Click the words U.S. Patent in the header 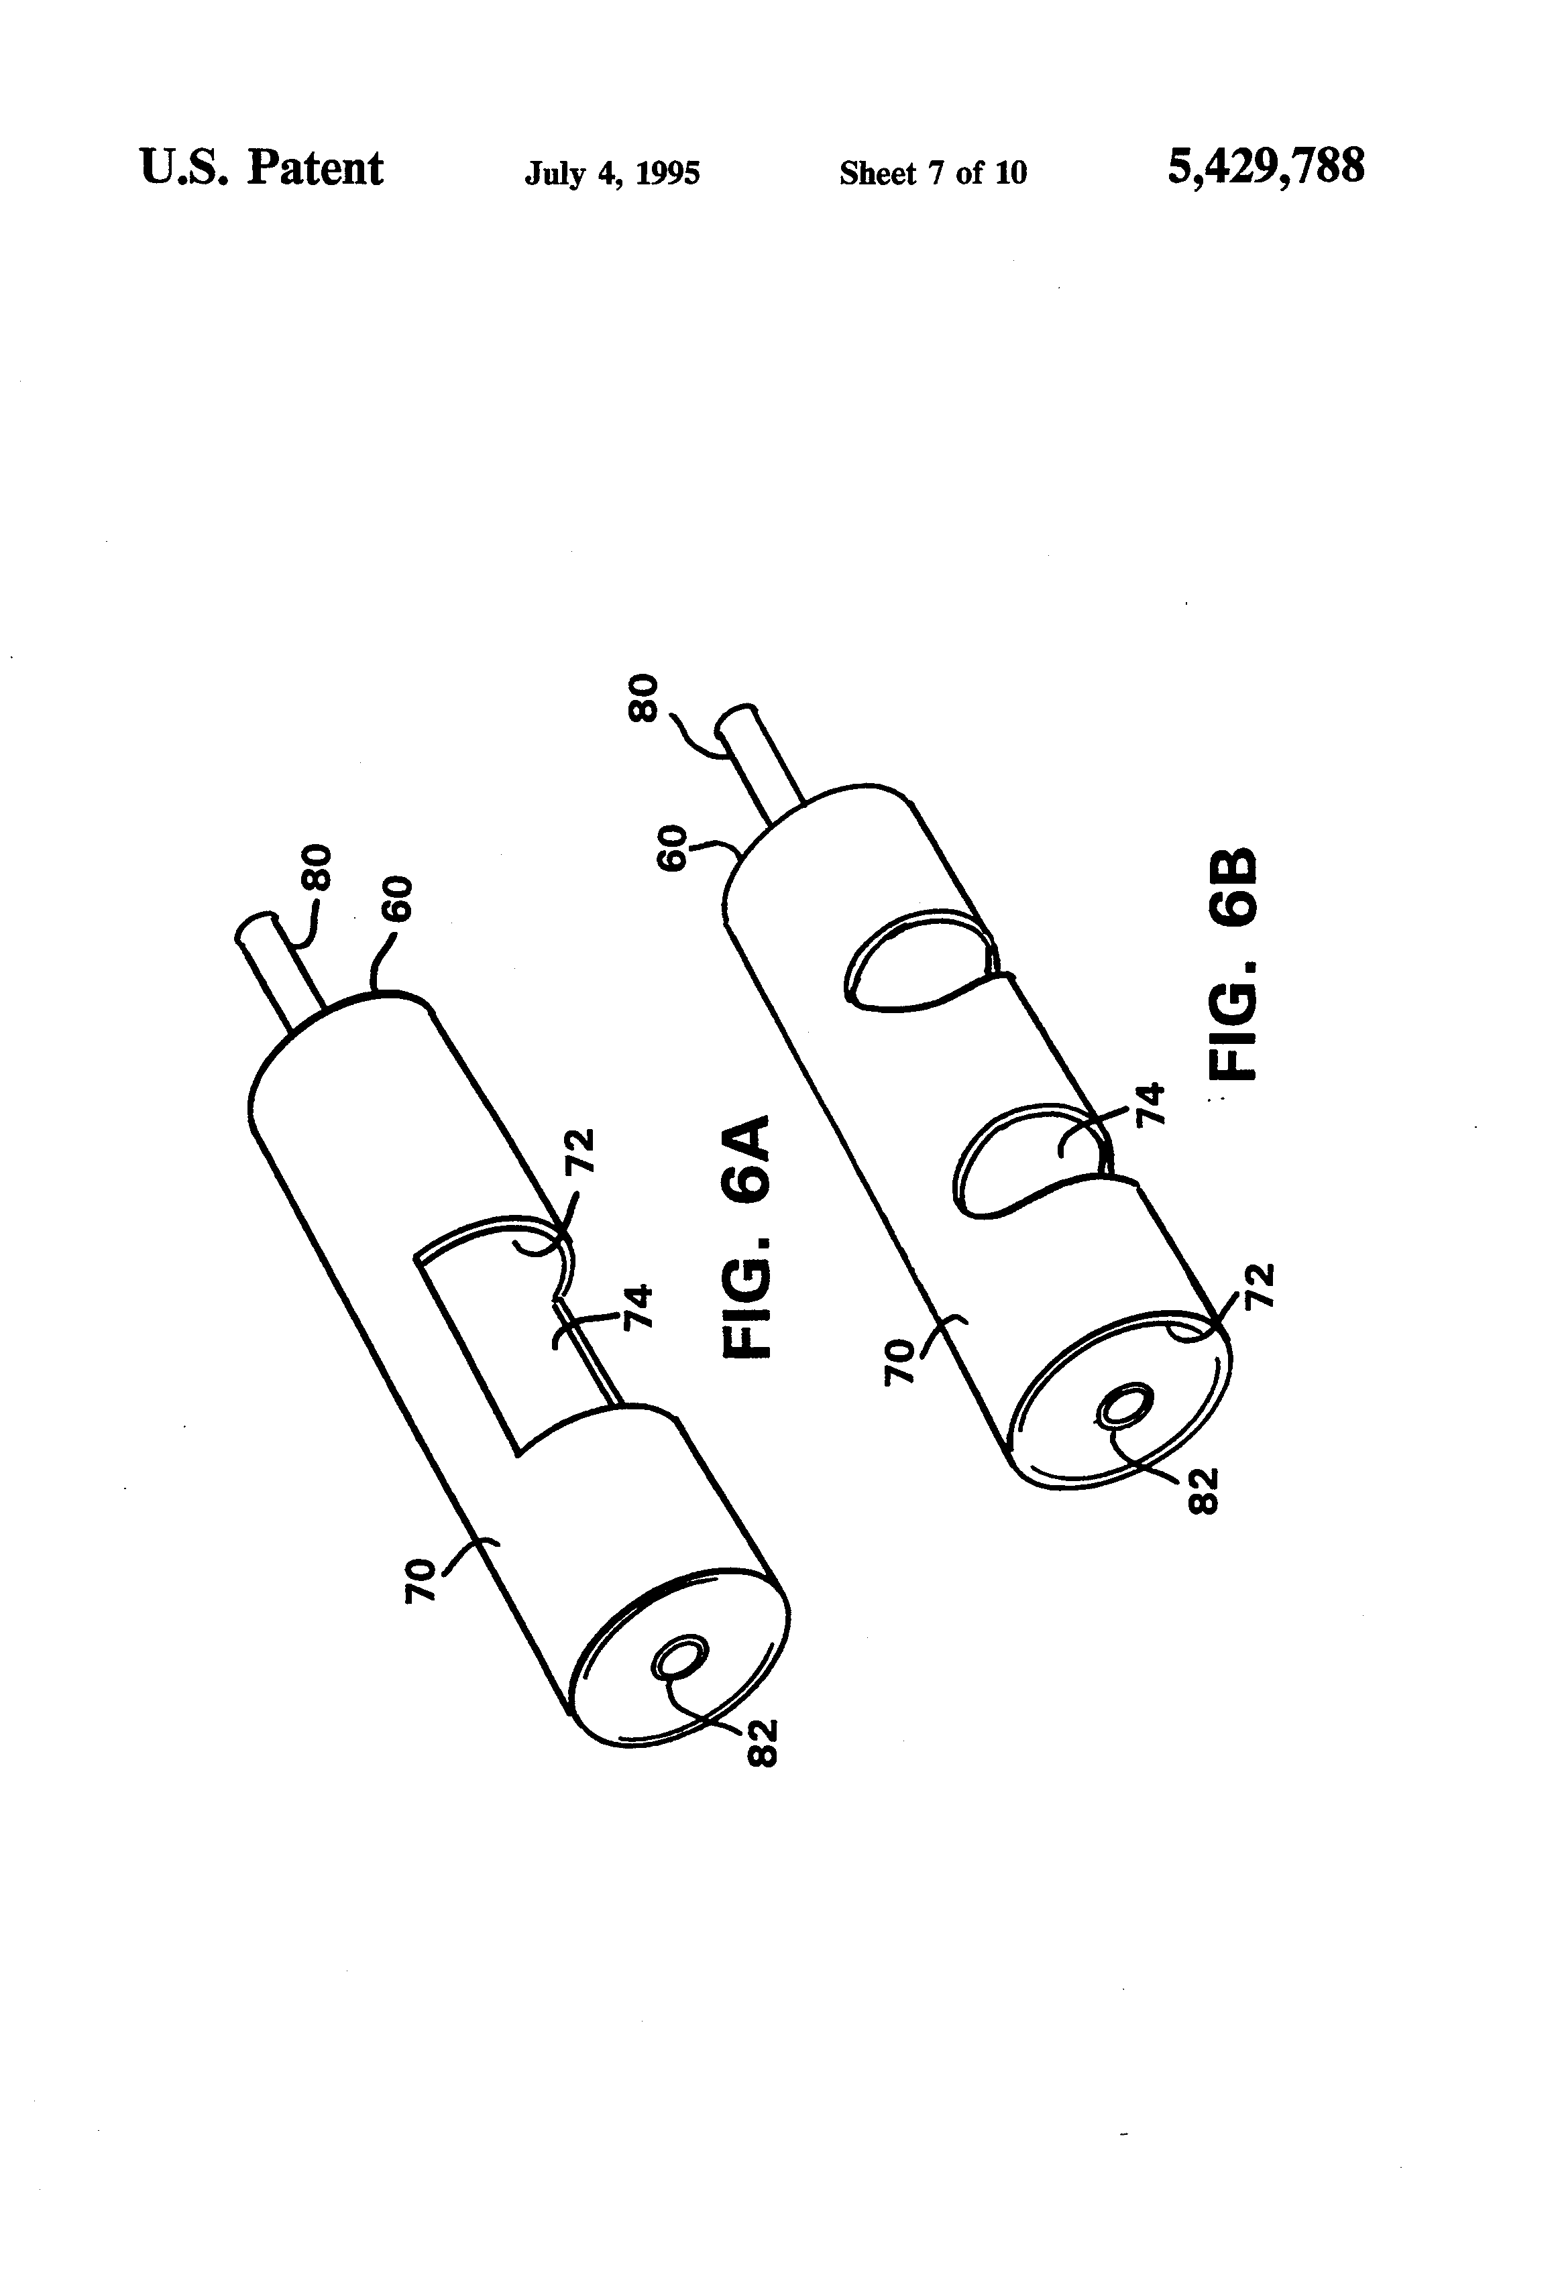pyautogui.click(x=261, y=168)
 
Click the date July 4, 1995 pyautogui.click(x=612, y=174)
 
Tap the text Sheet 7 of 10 pyautogui.click(x=932, y=174)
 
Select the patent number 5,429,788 pyautogui.click(x=1266, y=166)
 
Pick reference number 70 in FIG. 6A pyautogui.click(x=420, y=1581)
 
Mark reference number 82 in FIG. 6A pyautogui.click(x=763, y=1743)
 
